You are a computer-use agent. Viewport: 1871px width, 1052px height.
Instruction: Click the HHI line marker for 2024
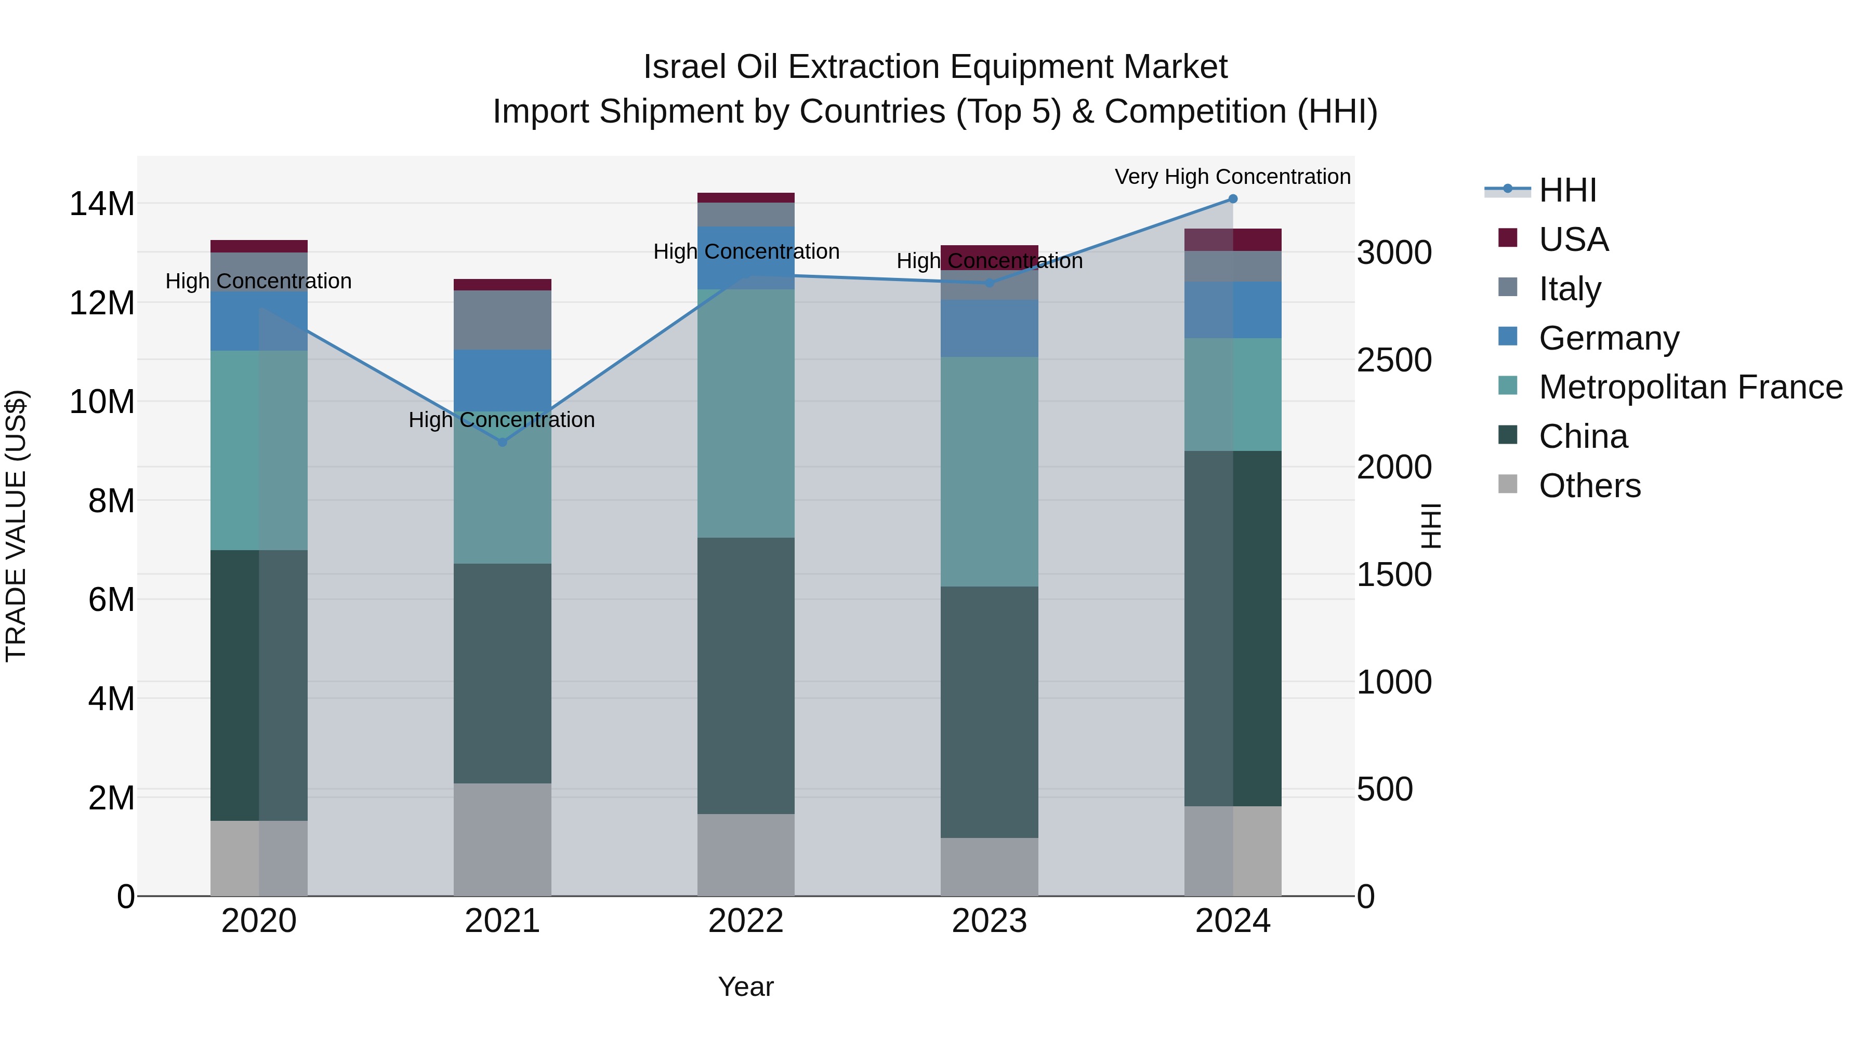click(1233, 199)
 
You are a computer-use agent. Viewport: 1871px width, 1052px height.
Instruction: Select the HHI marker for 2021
click(502, 442)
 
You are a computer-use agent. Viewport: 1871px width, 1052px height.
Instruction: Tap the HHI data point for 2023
click(989, 283)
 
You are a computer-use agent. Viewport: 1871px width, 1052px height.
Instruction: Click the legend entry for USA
click(1573, 239)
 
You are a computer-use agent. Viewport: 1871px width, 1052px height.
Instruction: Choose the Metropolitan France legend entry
click(1690, 387)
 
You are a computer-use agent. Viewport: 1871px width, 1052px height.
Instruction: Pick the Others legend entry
click(1589, 486)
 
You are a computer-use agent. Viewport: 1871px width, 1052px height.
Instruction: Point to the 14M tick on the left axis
click(102, 204)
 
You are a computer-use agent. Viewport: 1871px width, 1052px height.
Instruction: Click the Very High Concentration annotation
click(1233, 177)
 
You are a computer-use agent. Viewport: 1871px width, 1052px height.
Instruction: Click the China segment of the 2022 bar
click(746, 675)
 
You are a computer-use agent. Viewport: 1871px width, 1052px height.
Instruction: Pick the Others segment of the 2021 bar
click(502, 840)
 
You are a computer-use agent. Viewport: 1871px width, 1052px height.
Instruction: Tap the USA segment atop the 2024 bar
click(1233, 239)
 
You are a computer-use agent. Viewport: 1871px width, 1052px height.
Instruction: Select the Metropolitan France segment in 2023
click(989, 472)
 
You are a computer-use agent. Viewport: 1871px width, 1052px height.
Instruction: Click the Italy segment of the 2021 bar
click(502, 320)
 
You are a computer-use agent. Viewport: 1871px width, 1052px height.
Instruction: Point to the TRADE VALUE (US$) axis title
click(16, 526)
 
